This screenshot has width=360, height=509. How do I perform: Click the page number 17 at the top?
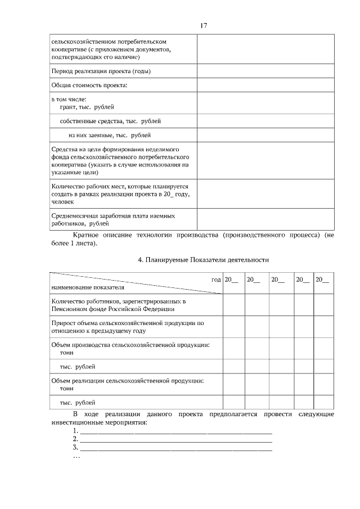204,25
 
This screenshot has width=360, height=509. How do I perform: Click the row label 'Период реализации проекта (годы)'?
101,71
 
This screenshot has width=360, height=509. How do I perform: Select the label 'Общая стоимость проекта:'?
89,85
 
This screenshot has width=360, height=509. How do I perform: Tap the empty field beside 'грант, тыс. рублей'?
265,103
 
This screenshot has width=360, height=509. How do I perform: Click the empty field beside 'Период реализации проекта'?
265,71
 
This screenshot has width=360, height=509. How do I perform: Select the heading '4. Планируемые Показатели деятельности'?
204,260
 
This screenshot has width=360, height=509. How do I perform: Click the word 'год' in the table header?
215,279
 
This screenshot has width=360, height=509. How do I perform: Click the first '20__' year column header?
231,280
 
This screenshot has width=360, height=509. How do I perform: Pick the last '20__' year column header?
322,280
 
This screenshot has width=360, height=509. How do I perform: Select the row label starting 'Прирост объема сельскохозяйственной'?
127,327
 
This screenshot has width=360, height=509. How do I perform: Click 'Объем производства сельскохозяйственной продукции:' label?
130,344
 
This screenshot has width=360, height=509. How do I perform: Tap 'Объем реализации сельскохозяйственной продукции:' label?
127,381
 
